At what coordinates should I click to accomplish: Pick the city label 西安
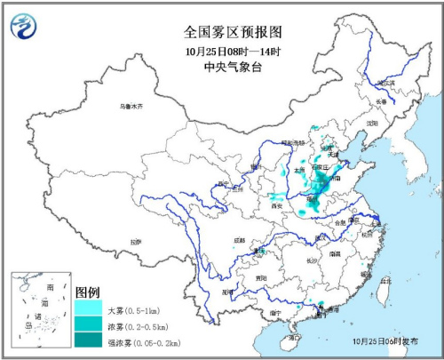[276, 205]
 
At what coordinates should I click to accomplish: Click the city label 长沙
[311, 260]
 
